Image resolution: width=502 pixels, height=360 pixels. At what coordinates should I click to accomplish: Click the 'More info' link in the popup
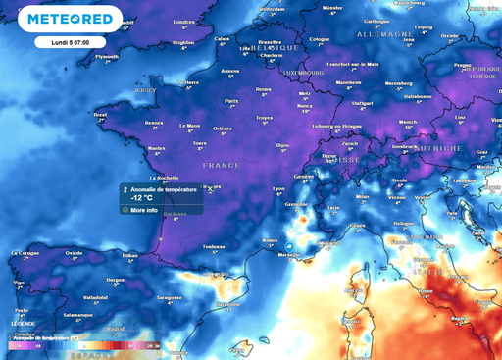click(x=144, y=209)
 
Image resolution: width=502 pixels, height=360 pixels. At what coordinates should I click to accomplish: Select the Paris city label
click(x=232, y=100)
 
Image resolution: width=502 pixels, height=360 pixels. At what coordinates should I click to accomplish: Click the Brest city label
click(x=100, y=114)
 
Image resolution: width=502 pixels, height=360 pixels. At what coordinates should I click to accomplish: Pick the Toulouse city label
click(x=202, y=246)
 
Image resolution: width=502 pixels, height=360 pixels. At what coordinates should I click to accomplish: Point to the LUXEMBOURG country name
click(x=304, y=73)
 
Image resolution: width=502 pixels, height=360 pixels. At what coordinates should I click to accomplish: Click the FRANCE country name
click(x=221, y=166)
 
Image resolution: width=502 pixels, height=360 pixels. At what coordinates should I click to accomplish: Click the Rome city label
click(x=426, y=289)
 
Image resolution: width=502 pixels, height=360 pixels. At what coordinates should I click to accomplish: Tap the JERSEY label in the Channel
click(x=145, y=89)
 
